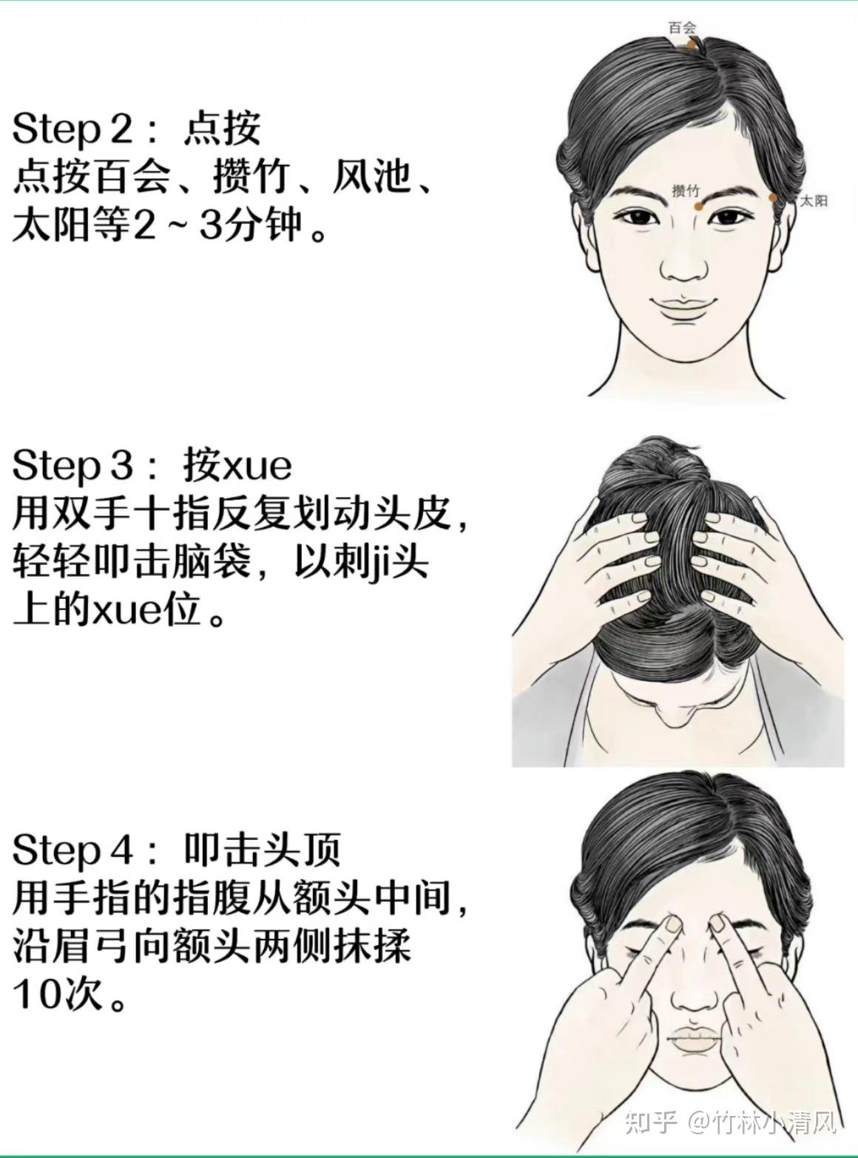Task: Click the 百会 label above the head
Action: pos(683,27)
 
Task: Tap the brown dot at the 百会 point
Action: pos(692,45)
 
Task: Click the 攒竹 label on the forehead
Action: pos(686,191)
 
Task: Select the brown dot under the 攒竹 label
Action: pos(698,207)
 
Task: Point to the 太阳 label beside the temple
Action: pos(814,200)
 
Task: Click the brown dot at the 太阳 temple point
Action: pos(773,197)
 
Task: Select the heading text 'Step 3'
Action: pos(72,466)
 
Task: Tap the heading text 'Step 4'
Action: pos(72,850)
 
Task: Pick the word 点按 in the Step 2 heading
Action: pos(222,129)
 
